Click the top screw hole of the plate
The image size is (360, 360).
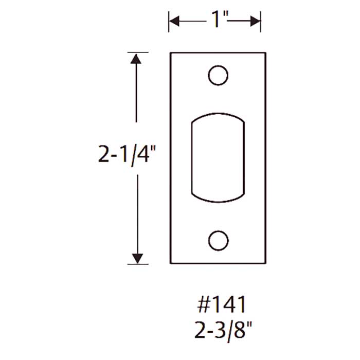[x=218, y=76]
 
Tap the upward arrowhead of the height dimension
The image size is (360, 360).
[x=136, y=58]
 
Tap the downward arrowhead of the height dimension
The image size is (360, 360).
[x=136, y=258]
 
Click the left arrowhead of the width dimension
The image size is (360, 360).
[x=174, y=21]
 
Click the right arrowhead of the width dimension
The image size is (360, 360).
[x=256, y=21]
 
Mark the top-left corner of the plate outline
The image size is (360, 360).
[x=170, y=52]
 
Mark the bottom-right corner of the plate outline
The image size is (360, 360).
[x=265, y=263]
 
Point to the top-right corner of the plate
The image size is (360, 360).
[x=265, y=52]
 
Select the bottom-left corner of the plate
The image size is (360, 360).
[x=170, y=263]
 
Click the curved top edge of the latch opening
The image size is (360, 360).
[x=218, y=114]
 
